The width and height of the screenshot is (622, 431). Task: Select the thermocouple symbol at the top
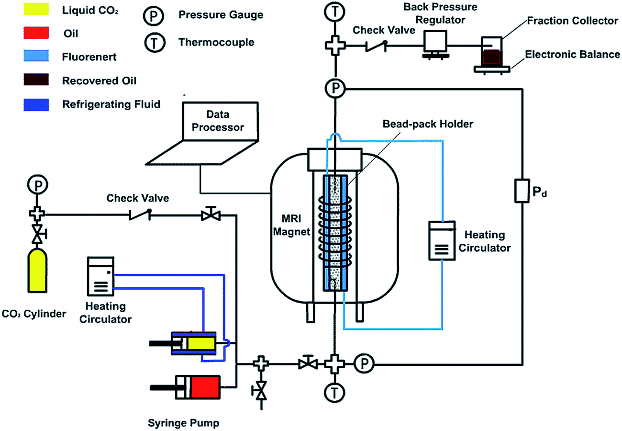[x=334, y=12]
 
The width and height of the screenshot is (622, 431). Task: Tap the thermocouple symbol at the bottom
[x=334, y=393]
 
